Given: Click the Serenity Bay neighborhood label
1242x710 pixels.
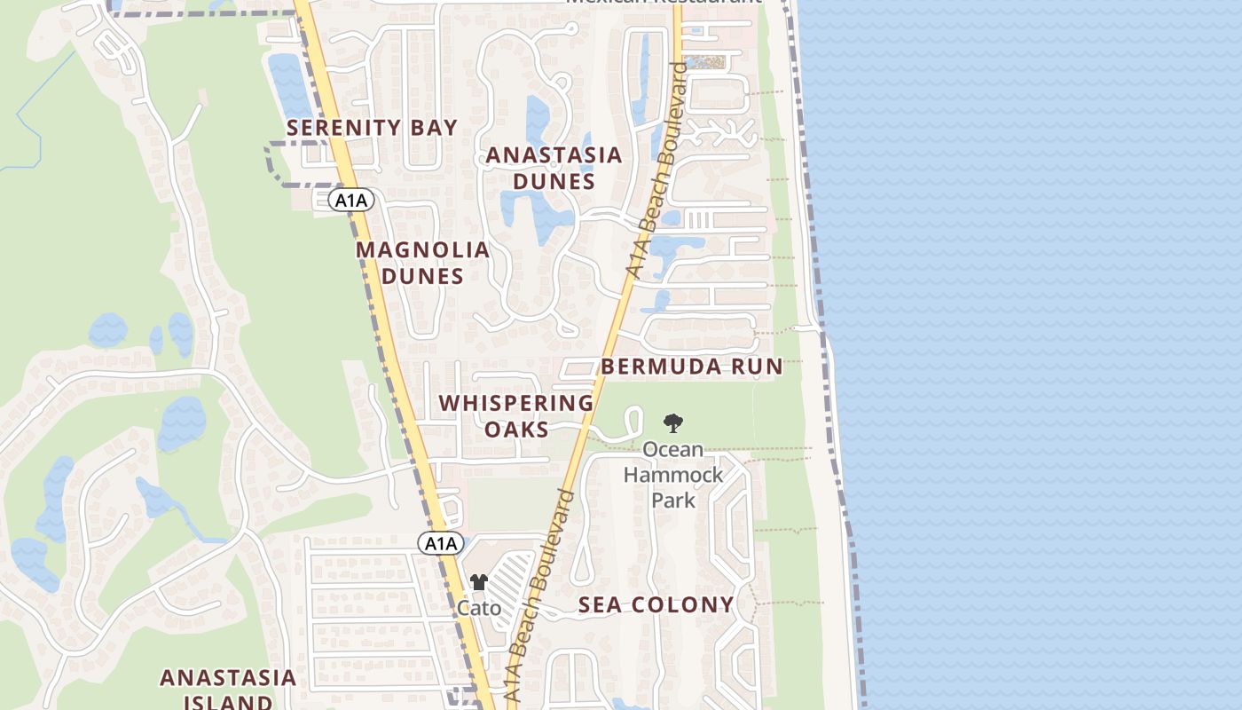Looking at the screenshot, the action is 372,128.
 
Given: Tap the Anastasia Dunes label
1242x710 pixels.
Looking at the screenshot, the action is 554,168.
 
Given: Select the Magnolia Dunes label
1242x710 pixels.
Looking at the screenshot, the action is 422,263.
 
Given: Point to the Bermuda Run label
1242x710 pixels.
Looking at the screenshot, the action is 692,367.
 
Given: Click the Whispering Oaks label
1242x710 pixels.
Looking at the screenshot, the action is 515,415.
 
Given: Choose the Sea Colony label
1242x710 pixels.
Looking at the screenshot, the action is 656,605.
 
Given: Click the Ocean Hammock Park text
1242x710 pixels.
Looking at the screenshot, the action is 673,475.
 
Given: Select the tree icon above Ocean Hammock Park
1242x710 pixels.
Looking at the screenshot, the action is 673,423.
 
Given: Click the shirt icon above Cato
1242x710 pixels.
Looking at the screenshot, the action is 479,582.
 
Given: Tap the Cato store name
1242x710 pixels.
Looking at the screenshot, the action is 479,608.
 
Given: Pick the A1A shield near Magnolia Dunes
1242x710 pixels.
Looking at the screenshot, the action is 351,201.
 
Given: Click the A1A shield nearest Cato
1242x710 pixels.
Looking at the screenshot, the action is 441,543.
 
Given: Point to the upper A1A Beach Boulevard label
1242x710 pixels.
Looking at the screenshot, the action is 656,169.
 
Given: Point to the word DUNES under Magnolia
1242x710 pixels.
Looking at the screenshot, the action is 422,276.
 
